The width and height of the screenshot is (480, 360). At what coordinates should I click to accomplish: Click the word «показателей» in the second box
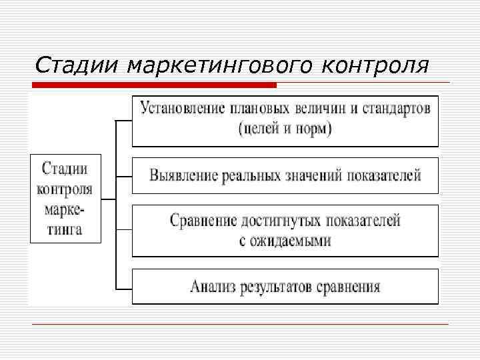(x=384, y=175)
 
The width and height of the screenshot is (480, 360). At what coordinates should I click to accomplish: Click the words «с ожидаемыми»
(x=285, y=241)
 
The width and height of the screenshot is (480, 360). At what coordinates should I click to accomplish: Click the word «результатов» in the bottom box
(x=279, y=287)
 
